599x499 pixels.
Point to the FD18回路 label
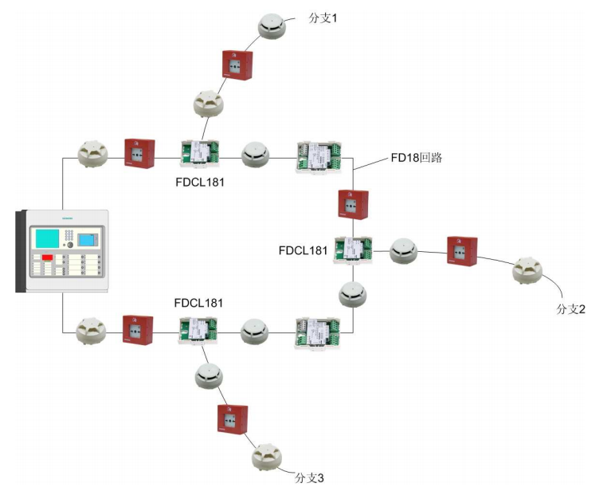pos(415,158)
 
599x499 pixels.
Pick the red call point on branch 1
pos(237,64)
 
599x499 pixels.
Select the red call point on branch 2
pos(461,250)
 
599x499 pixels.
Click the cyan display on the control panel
pos(47,239)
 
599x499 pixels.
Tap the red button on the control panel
pos(48,257)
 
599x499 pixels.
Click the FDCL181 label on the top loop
pos(199,183)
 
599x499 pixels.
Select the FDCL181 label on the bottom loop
pos(199,304)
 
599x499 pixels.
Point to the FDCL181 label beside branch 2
pos(303,250)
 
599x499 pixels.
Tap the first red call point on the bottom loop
pos(138,328)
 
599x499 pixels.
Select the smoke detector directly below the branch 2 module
pos(352,293)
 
